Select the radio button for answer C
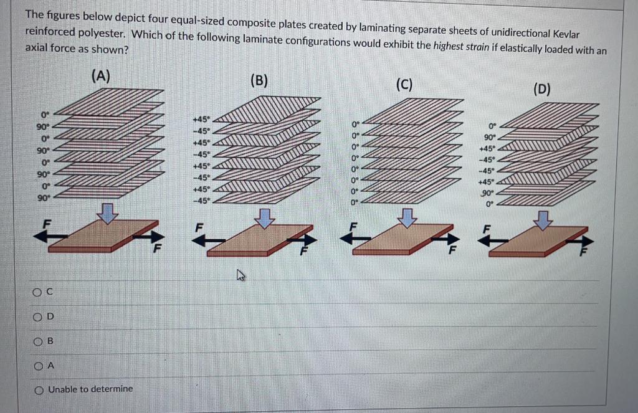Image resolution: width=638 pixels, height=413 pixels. click(38, 292)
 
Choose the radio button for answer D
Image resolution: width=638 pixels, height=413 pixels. click(38, 316)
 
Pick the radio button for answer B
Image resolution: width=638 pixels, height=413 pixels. click(38, 341)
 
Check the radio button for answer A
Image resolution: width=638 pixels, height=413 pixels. click(38, 366)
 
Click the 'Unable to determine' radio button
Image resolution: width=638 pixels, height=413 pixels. click(38, 389)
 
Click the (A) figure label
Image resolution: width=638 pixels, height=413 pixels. click(101, 76)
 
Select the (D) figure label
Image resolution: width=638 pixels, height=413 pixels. click(542, 88)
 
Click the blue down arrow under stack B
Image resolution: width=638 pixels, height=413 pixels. click(266, 217)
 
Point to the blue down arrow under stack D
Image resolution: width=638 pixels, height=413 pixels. click(544, 219)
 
